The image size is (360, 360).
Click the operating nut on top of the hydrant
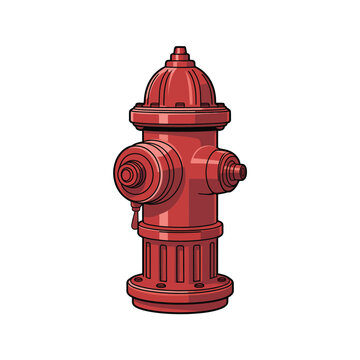(x=179, y=51)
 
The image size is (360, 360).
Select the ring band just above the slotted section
(x=180, y=232)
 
